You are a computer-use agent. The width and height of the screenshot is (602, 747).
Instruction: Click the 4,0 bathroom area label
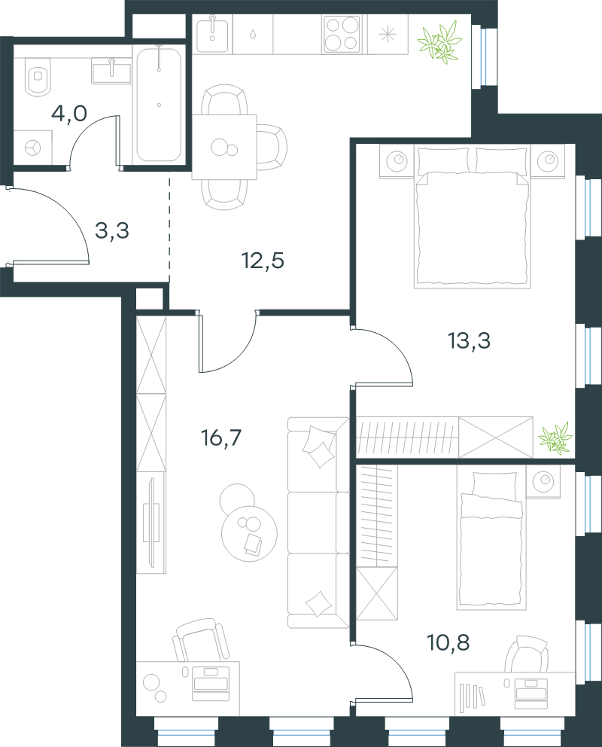click(69, 114)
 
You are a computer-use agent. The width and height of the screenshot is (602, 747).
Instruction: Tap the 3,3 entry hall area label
click(112, 230)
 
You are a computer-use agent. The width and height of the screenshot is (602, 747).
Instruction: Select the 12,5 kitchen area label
click(263, 261)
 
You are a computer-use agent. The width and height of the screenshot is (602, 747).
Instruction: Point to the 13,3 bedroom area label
click(470, 340)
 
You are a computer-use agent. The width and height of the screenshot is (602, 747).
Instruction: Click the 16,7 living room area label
click(221, 438)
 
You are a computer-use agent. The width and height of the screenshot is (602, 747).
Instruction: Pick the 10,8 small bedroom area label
click(448, 642)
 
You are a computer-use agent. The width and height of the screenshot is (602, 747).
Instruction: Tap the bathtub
click(159, 104)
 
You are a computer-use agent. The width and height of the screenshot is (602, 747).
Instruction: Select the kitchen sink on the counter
click(212, 34)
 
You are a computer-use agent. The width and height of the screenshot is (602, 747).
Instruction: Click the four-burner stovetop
click(341, 34)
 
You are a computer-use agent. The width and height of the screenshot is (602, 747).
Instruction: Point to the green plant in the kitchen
click(439, 43)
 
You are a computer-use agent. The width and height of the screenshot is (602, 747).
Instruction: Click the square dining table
click(224, 147)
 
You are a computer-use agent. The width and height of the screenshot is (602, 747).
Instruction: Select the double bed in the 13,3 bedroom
click(473, 217)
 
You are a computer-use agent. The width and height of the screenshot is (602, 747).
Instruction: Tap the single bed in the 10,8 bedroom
click(491, 538)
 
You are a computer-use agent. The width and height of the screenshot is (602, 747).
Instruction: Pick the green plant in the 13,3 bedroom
click(555, 438)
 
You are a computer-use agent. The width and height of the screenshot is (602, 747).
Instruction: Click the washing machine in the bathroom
click(33, 148)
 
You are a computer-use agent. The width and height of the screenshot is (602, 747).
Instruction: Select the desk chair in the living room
click(200, 641)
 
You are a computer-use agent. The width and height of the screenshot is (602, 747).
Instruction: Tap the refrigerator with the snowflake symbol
click(388, 35)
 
